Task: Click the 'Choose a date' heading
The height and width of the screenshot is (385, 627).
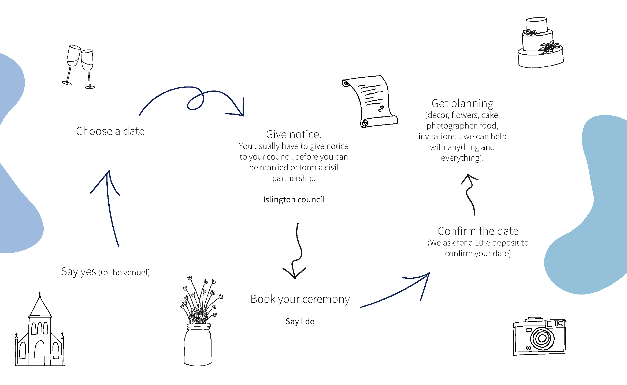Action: point(110,131)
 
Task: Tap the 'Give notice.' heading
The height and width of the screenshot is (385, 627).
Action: point(294,134)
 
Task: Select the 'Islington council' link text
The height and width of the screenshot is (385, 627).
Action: point(294,199)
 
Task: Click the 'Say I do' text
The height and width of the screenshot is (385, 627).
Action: point(300,321)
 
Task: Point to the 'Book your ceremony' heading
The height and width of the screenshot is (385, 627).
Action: point(300,299)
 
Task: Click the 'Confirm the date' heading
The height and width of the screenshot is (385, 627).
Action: point(478,231)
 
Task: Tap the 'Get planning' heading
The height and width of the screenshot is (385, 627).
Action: point(462,104)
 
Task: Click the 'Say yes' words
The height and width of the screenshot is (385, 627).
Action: point(79,272)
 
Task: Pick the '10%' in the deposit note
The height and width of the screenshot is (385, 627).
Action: point(483,243)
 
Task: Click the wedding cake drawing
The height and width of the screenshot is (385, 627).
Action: point(540,43)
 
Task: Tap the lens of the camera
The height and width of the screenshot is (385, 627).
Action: point(542,338)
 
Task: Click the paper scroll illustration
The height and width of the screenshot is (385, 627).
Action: point(369,101)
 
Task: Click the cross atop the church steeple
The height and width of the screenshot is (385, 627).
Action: point(40,294)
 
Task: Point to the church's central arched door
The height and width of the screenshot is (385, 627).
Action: point(39,353)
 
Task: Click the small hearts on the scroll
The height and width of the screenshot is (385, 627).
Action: point(381,109)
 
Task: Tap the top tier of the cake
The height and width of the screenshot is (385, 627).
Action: point(536,25)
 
